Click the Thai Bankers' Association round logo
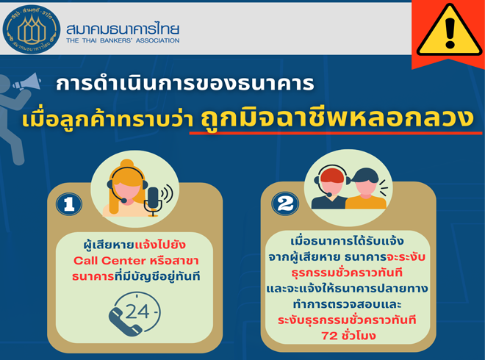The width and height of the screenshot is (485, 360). [32, 29]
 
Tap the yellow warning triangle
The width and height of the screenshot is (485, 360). [449, 32]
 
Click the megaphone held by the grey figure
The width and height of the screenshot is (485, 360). [27, 82]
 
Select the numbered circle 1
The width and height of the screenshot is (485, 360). [69, 204]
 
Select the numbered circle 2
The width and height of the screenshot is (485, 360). [285, 204]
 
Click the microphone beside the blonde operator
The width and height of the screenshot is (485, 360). [153, 201]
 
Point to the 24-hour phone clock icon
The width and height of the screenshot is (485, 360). [135, 314]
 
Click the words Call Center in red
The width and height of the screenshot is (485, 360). [109, 261]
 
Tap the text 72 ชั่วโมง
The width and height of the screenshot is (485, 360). [348, 336]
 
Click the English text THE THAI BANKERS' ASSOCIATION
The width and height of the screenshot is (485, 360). [123, 40]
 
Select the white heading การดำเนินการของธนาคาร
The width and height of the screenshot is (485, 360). [185, 84]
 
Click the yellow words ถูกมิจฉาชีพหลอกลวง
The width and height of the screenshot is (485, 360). [337, 119]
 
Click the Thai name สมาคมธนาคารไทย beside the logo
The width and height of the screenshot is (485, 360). [123, 29]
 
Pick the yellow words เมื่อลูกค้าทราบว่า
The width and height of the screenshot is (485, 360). [107, 120]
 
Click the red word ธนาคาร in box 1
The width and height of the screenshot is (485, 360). [93, 276]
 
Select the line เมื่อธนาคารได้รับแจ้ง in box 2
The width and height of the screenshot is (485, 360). [348, 241]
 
